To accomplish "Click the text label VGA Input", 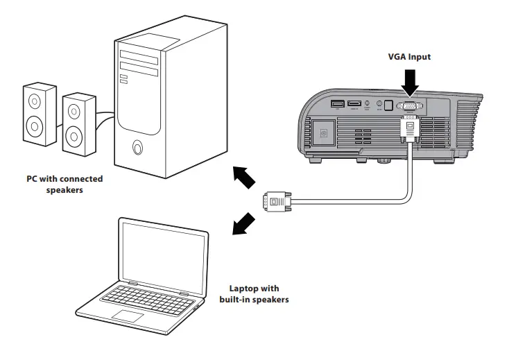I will click(x=409, y=57).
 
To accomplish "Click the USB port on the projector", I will click(x=338, y=105).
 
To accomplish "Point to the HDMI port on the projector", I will click(x=354, y=105).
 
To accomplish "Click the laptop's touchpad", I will click(x=128, y=316).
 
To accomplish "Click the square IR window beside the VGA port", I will click(x=389, y=106).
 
